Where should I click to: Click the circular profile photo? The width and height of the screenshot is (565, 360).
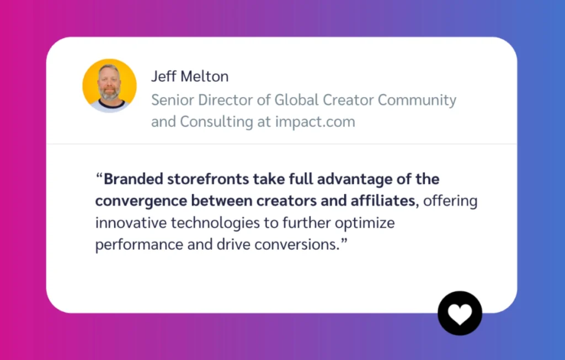109,86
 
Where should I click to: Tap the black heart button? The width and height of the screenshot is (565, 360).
460,313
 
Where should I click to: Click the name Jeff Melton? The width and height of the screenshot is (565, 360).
190,77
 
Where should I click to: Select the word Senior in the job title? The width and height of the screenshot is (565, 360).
170,100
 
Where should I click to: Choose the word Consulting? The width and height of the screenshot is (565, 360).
216,122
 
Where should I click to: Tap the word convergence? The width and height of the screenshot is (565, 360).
134,201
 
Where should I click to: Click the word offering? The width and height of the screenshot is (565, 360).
451,201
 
